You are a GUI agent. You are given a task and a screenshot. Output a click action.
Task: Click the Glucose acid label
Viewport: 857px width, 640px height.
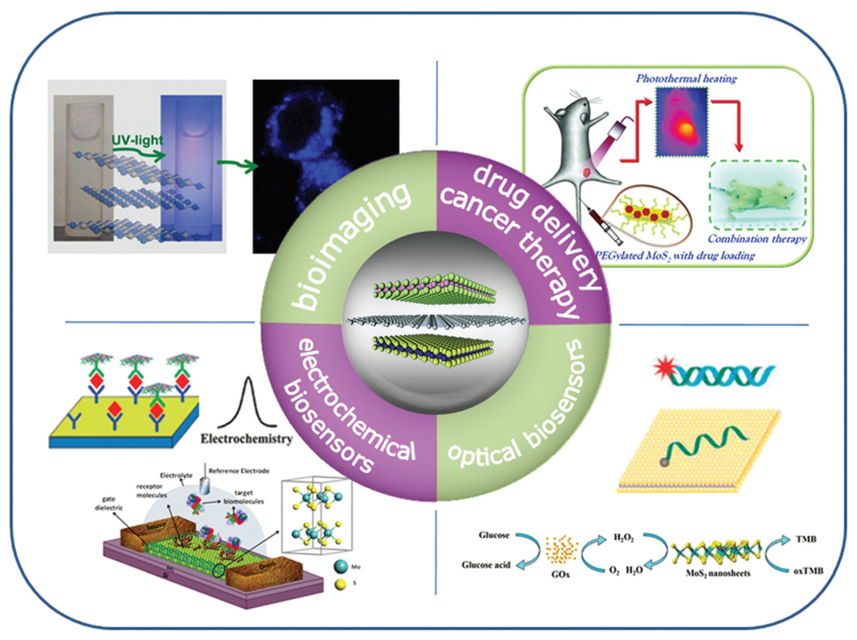point(486,565)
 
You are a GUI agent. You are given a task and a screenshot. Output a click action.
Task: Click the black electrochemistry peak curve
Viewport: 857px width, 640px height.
point(248,403)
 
